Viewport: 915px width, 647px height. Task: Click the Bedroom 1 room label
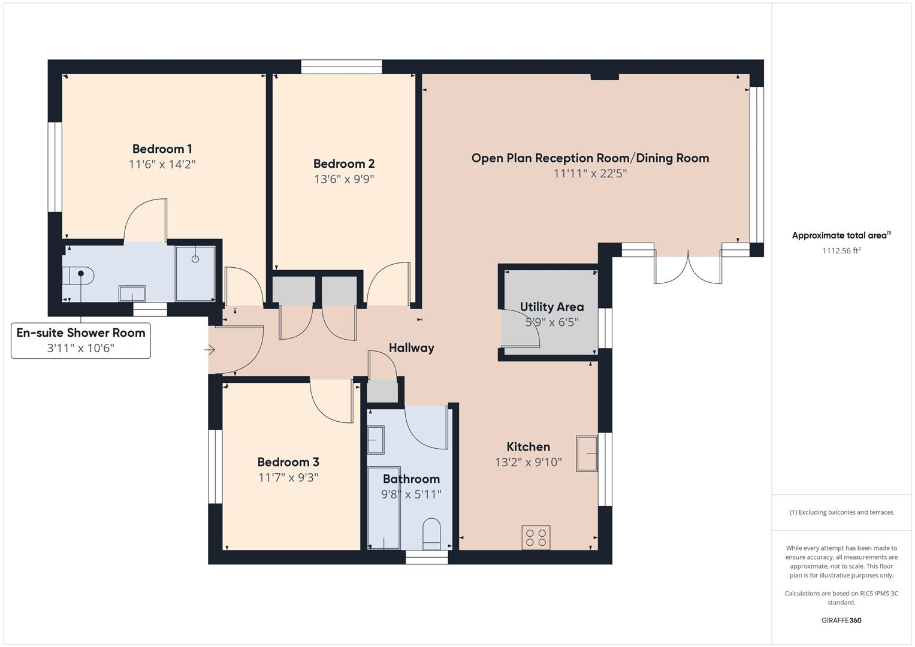coord(162,149)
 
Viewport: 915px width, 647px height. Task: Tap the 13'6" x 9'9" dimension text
coord(344,179)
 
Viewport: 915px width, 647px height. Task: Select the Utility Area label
coord(551,307)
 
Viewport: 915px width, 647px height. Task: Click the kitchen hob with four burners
coord(536,537)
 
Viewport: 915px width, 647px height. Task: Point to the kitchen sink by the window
coord(587,453)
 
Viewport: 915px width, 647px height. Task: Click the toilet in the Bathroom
coord(431,533)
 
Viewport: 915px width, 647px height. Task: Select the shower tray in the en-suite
coord(195,273)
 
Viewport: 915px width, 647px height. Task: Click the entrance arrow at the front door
coord(210,350)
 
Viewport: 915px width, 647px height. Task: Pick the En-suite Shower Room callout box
coord(81,340)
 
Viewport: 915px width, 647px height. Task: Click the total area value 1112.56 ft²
coord(841,251)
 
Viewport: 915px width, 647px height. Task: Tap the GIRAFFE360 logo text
coord(841,620)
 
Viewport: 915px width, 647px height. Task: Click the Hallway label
coord(411,348)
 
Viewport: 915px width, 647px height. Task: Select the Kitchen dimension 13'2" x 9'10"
coord(528,462)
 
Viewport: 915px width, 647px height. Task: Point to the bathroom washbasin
coord(376,440)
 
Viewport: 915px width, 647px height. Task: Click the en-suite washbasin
coord(132,294)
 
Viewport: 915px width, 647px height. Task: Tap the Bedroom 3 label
coord(288,462)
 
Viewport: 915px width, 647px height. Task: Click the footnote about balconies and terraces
coord(841,512)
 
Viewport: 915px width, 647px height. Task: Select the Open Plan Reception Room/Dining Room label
coord(590,158)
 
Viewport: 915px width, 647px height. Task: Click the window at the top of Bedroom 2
coord(341,66)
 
